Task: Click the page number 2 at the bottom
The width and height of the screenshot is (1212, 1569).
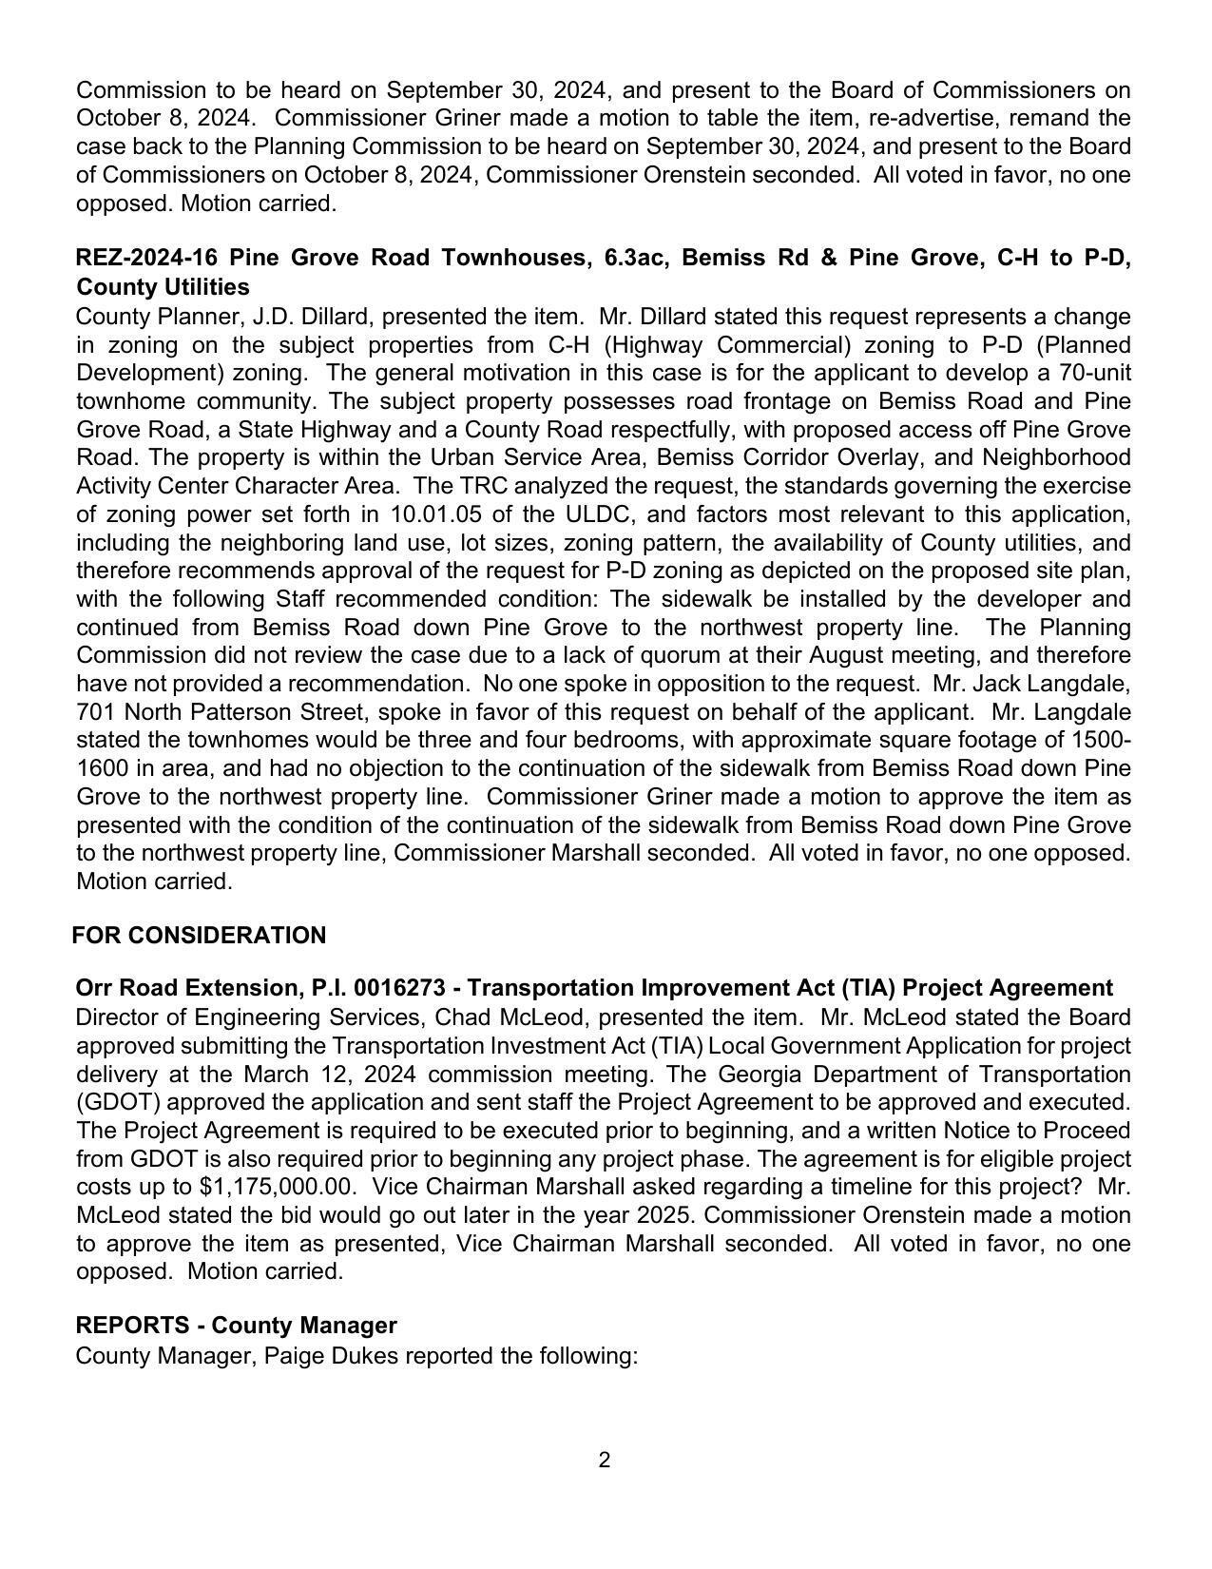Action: [x=604, y=1460]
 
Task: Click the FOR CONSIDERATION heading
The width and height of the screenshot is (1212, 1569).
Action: [x=199, y=936]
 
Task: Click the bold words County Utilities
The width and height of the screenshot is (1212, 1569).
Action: [x=163, y=287]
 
